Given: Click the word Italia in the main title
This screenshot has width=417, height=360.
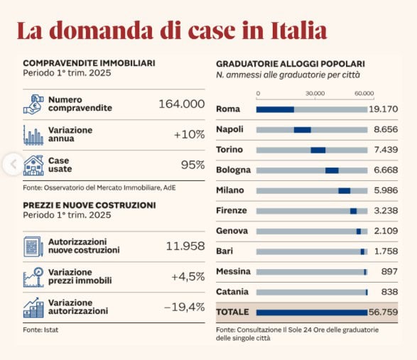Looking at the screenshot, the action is (x=298, y=31).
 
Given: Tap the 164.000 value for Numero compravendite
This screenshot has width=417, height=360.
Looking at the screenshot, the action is (x=182, y=104).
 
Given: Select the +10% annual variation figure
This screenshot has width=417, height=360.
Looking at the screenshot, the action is (x=190, y=134).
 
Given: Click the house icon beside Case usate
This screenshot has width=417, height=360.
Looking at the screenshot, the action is (x=33, y=165).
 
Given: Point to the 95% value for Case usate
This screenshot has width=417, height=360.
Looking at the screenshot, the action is (x=193, y=165).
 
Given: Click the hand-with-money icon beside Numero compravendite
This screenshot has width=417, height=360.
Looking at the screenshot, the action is (x=33, y=104).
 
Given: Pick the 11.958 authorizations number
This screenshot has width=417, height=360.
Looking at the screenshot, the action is (x=185, y=246).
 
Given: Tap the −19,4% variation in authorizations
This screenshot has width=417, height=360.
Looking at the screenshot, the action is (x=185, y=307).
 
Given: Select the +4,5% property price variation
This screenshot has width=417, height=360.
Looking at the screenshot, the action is (x=188, y=277).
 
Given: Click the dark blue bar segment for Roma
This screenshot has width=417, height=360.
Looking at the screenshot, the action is (x=275, y=109).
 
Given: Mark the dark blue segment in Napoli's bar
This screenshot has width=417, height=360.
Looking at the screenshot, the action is (x=303, y=130).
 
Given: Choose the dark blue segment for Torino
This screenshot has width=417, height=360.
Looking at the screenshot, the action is (x=318, y=151).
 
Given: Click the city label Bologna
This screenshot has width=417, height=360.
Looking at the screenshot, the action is (x=233, y=170).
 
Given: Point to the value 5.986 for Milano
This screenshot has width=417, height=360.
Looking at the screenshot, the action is (x=386, y=190).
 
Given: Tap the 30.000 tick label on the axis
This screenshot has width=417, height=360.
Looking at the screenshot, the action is (x=315, y=93).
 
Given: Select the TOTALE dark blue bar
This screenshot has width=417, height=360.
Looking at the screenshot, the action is (x=312, y=312).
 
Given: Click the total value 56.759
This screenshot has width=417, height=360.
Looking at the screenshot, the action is (x=383, y=312).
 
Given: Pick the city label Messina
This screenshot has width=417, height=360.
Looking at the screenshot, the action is (x=233, y=271).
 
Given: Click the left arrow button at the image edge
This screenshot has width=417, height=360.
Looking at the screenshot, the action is (x=13, y=164).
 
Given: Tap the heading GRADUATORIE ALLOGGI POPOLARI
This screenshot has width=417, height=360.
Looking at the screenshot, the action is (x=291, y=64).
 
